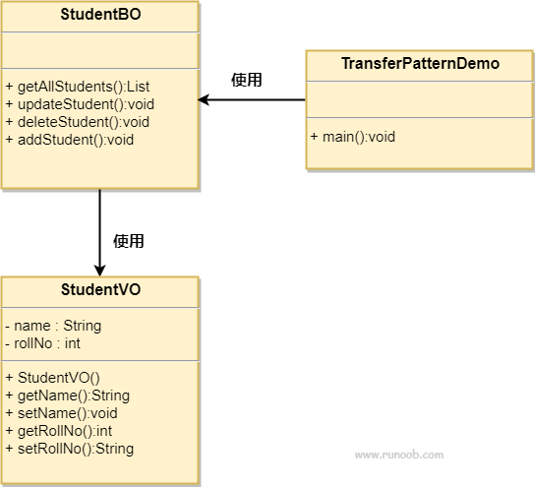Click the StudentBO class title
(99, 15)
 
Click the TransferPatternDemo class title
(420, 64)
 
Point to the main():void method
(352, 136)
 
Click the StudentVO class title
(99, 290)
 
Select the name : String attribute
(53, 326)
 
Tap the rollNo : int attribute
(42, 343)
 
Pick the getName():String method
(67, 396)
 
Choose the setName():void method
(61, 413)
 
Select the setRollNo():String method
(69, 449)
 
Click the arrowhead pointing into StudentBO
(204, 99)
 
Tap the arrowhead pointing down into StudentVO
(99, 270)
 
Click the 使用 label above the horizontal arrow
(247, 80)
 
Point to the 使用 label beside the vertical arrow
(129, 240)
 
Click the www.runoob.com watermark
(398, 456)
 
